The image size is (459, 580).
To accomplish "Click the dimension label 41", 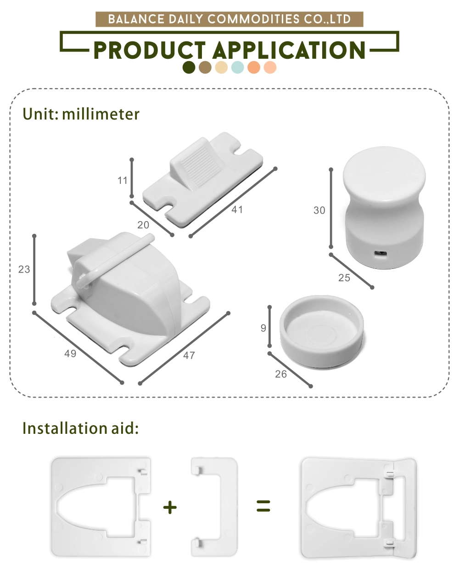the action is coord(237,210).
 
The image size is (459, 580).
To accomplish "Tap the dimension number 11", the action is coord(122,180).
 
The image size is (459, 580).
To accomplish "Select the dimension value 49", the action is coord(70,353).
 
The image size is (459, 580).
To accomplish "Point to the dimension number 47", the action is coord(189,356).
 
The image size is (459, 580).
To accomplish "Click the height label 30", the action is coord(319,210).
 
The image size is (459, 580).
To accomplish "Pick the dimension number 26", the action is coord(281,374).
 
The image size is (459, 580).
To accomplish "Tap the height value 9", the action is coord(263,328).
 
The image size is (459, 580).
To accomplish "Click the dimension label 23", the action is coord(24,269).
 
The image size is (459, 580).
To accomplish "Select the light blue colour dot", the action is coord(237,68).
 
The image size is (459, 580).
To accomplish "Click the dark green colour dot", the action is coord(189,68).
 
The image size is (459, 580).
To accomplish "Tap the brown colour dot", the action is coord(205,68).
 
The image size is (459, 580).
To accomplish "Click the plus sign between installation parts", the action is coord(170,507).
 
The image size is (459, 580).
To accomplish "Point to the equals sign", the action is coord(263,506).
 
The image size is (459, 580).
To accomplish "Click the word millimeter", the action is coord(101,114).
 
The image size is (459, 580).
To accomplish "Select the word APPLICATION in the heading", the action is coord(289,50).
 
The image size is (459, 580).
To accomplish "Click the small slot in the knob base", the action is coord(380,254).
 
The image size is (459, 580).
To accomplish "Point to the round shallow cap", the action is coord(322,332).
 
